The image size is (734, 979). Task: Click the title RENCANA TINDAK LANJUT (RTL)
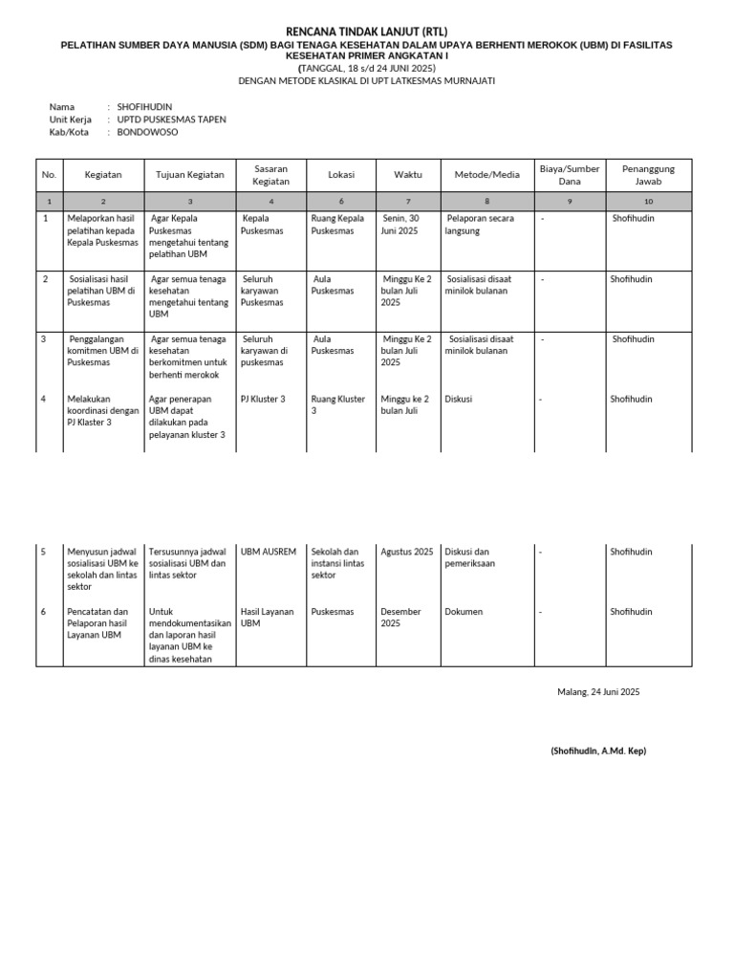[367, 33]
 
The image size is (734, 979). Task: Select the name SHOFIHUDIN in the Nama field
[145, 106]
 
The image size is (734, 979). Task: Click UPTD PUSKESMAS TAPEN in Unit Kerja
[172, 120]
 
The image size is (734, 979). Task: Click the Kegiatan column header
[103, 175]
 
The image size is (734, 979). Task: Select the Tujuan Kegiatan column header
[190, 175]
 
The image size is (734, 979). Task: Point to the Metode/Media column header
[486, 175]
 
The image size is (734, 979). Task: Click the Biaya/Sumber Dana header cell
[570, 175]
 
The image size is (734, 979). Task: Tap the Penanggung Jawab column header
[648, 175]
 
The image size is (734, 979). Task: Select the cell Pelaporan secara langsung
[480, 225]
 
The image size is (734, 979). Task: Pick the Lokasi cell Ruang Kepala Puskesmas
[338, 225]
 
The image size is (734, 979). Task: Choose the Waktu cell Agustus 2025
[407, 552]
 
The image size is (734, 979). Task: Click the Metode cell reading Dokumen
[464, 612]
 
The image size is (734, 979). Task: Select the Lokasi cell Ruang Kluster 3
[338, 404]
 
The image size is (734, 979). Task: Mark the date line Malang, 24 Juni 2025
[598, 692]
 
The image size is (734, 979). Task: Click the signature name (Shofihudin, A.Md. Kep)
[598, 751]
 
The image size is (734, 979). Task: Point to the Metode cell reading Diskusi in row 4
[459, 399]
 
